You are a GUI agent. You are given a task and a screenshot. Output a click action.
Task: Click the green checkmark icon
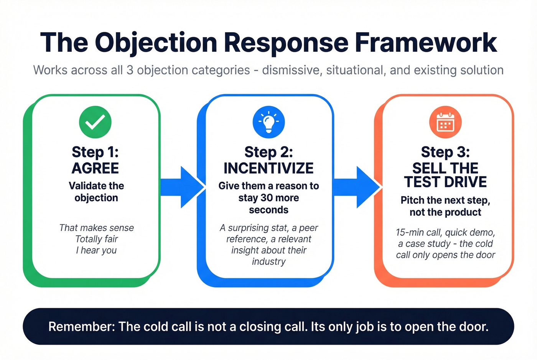coord(95,122)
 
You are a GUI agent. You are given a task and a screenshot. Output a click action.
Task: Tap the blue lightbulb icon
coord(268,122)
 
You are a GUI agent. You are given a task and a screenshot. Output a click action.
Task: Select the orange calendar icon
coord(445,122)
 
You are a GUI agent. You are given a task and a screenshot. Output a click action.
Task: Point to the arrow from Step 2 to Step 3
coord(357,187)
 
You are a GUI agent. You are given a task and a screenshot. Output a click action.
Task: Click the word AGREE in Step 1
coord(95,168)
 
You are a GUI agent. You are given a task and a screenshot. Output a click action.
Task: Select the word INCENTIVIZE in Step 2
coord(268,168)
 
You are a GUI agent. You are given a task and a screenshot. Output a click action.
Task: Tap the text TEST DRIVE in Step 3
coord(445,182)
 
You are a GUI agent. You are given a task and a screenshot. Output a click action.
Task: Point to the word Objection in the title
coord(156,43)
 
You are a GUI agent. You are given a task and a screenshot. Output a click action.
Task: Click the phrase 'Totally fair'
coord(96,239)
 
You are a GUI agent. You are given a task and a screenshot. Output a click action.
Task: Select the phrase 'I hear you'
coord(96,250)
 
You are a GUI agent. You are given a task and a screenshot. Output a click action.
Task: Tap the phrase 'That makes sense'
coord(96,228)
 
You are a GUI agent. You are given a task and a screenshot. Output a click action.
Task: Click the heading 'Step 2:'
coord(268,152)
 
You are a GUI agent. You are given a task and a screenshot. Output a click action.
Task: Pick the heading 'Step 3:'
coord(445,152)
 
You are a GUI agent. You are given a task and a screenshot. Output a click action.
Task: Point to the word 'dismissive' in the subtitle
coord(292,70)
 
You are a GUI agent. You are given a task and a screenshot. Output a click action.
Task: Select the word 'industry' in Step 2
coord(268,261)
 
